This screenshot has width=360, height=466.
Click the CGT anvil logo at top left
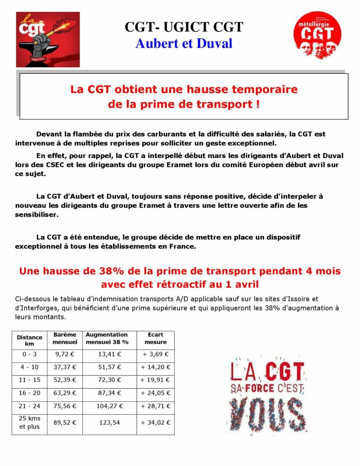(x=41, y=40)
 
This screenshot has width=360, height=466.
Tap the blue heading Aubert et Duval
(x=184, y=43)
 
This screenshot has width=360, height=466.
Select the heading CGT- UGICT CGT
(x=184, y=27)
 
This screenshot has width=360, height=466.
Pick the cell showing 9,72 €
(x=65, y=354)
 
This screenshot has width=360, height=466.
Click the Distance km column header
(x=30, y=340)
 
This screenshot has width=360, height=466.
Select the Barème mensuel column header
(x=65, y=338)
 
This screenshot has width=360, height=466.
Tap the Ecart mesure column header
(x=155, y=338)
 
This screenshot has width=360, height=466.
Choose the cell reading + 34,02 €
(x=155, y=423)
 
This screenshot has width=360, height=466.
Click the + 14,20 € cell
(x=155, y=367)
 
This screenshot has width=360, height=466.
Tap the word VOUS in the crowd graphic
(x=267, y=414)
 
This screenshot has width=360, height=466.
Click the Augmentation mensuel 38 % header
(x=107, y=338)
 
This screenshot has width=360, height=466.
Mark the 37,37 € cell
(x=65, y=367)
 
